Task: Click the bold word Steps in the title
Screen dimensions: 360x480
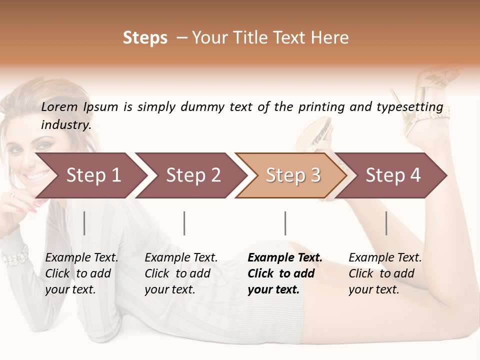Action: pyautogui.click(x=145, y=38)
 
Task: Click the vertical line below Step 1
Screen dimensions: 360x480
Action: pyautogui.click(x=84, y=223)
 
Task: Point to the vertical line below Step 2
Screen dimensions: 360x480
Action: pyautogui.click(x=184, y=223)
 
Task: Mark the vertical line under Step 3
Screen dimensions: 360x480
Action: pyautogui.click(x=285, y=223)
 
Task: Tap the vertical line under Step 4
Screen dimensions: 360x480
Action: pyautogui.click(x=386, y=223)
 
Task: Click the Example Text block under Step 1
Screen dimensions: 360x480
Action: pyautogui.click(x=81, y=273)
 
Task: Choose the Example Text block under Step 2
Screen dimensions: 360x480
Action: pyautogui.click(x=181, y=273)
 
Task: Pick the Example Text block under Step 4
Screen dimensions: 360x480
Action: pyautogui.click(x=385, y=273)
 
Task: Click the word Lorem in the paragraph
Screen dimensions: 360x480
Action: pyautogui.click(x=59, y=107)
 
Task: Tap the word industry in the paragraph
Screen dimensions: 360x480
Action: pyautogui.click(x=66, y=125)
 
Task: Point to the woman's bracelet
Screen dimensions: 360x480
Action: pyautogui.click(x=15, y=256)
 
